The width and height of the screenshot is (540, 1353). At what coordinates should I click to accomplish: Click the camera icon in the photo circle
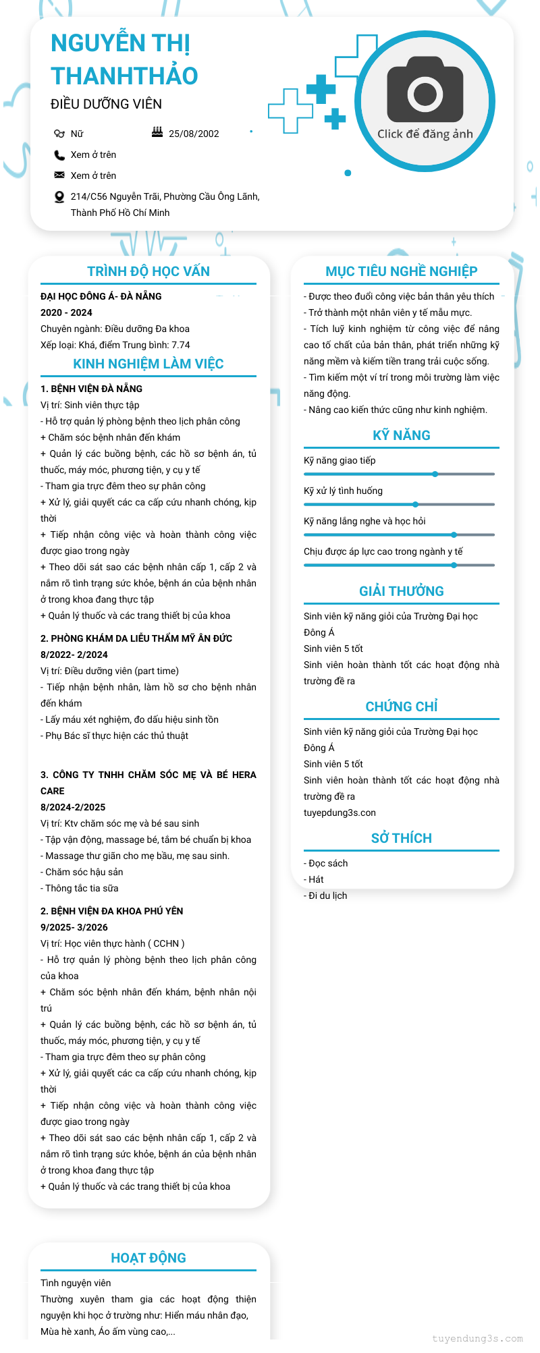coord(425,90)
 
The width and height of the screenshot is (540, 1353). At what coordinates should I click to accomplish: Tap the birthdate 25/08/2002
coord(194,134)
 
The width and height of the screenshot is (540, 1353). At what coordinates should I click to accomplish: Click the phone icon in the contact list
coord(59,155)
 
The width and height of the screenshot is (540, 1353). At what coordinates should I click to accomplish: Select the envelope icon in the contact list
coord(59,175)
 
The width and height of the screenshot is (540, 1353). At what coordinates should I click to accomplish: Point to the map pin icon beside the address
coord(59,197)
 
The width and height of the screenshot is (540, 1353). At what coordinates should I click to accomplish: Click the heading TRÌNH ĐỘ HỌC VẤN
coord(148,271)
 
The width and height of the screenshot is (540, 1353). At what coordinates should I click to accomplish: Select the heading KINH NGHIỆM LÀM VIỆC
coord(148,364)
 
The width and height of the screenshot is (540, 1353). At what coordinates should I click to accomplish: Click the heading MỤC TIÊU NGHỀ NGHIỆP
coord(402,271)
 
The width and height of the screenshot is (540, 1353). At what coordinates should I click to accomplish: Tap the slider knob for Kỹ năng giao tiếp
coord(435,474)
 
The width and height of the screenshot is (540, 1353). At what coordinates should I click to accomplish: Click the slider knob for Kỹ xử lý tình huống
coord(416,504)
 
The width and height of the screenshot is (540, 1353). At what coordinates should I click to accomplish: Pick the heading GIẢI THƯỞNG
coord(402,591)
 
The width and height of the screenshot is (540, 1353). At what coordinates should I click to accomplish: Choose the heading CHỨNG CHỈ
coord(402,707)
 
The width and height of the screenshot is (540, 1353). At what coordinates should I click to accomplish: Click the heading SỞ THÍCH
coord(402,838)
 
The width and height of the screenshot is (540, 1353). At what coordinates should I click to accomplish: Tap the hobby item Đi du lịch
coord(327,895)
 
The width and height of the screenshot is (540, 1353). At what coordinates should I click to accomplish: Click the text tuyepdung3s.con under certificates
coord(340,812)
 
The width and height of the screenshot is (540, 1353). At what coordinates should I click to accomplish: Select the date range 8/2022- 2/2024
coord(74,655)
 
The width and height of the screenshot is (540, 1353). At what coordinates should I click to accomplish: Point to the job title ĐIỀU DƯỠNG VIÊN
coord(106,104)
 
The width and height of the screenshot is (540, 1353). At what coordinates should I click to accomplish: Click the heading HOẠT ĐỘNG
coord(148,1258)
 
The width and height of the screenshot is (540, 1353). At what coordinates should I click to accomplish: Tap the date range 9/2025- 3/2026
coord(74,927)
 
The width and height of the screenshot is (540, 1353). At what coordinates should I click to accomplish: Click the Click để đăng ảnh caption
coord(425,134)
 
